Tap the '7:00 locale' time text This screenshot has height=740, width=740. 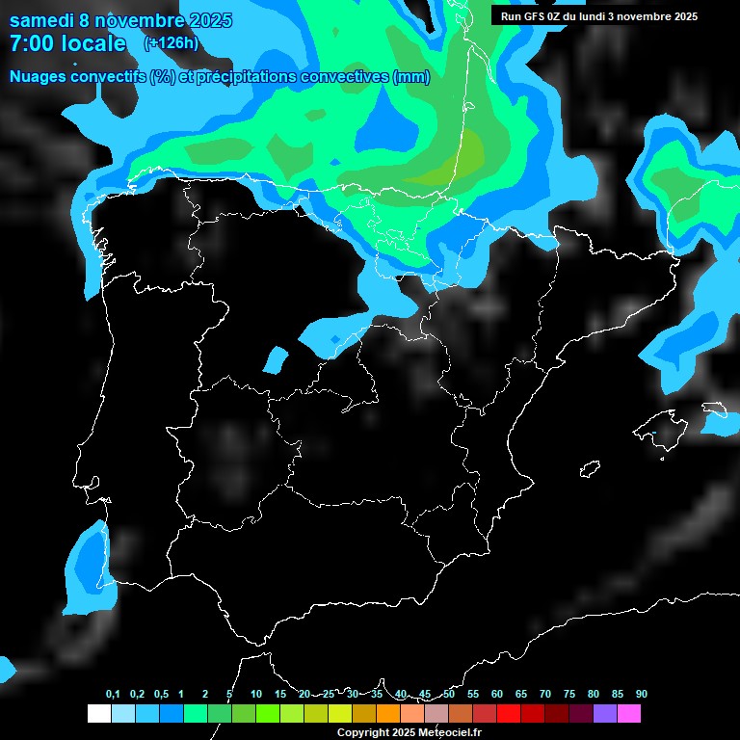67,43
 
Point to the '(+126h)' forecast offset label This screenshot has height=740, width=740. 172,43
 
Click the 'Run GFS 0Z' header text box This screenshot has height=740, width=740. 599,16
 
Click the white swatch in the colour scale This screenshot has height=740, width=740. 98,713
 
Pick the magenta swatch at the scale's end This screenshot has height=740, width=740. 629,713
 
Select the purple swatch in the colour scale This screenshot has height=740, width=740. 605,713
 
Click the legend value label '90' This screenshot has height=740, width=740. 642,695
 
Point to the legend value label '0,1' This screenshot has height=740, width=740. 113,695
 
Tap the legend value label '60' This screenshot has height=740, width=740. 497,695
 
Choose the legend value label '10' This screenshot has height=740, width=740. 256,695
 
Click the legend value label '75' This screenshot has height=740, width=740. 569,695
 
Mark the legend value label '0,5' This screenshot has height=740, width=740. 161,695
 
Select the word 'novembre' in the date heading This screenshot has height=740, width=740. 139,20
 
